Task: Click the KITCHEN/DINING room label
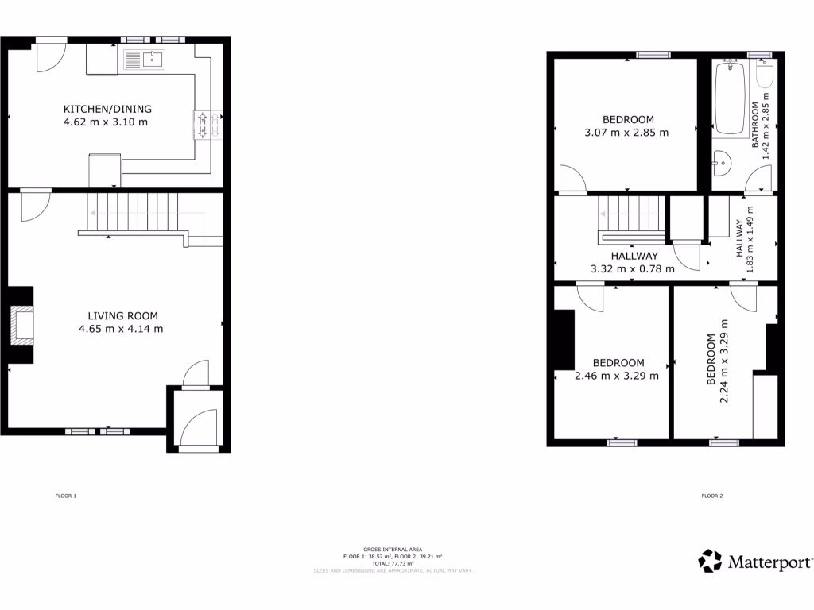pyautogui.click(x=108, y=109)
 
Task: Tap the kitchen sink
pyautogui.click(x=144, y=59)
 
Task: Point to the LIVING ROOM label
pyautogui.click(x=121, y=315)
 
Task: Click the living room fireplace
pyautogui.click(x=23, y=325)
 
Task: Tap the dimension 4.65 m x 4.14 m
pyautogui.click(x=121, y=329)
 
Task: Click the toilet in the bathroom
pyautogui.click(x=765, y=75)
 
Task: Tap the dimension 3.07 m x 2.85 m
pyautogui.click(x=626, y=133)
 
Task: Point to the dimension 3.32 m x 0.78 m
pyautogui.click(x=633, y=268)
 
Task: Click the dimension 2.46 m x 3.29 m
pyautogui.click(x=617, y=376)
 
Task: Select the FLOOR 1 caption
pyautogui.click(x=65, y=496)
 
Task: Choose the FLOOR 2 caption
pyautogui.click(x=712, y=496)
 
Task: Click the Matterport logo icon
pyautogui.click(x=710, y=561)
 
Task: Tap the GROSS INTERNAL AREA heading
pyautogui.click(x=392, y=550)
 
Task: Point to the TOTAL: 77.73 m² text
pyautogui.click(x=392, y=563)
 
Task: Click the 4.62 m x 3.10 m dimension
pyautogui.click(x=106, y=122)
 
